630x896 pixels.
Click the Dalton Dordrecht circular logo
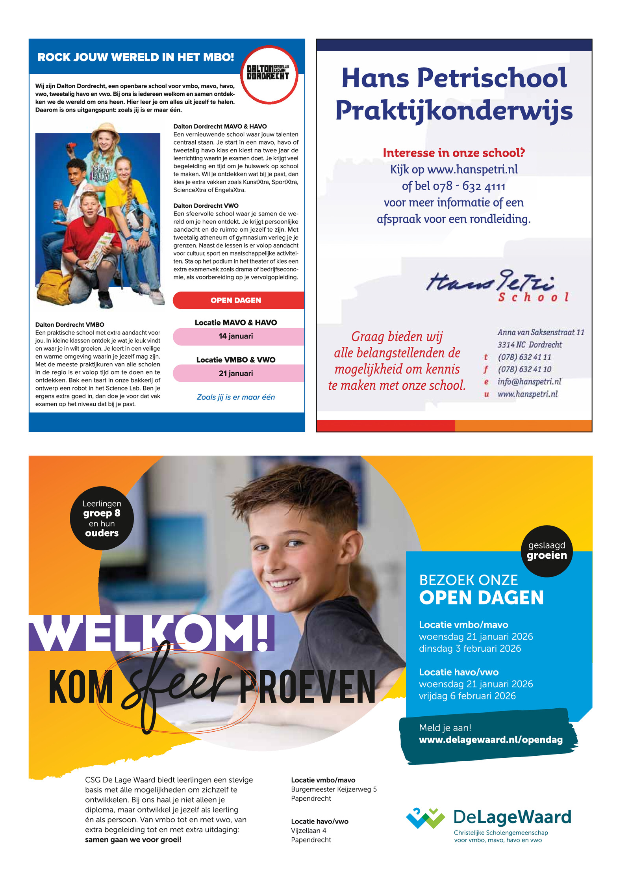click(269, 74)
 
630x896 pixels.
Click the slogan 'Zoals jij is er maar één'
click(235, 397)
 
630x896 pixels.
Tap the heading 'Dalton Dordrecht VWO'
click(206, 206)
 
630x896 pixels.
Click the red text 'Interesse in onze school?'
click(454, 152)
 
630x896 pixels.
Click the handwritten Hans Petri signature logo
click(492, 282)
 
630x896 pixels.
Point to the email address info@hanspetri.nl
click(529, 381)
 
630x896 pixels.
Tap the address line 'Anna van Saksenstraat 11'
click(540, 332)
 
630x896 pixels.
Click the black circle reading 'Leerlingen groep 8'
click(102, 518)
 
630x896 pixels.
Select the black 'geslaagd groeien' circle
click(547, 550)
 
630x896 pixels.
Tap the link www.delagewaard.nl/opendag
click(490, 740)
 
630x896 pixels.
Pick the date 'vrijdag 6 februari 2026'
click(467, 696)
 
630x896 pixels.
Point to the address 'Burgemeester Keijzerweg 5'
click(334, 789)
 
